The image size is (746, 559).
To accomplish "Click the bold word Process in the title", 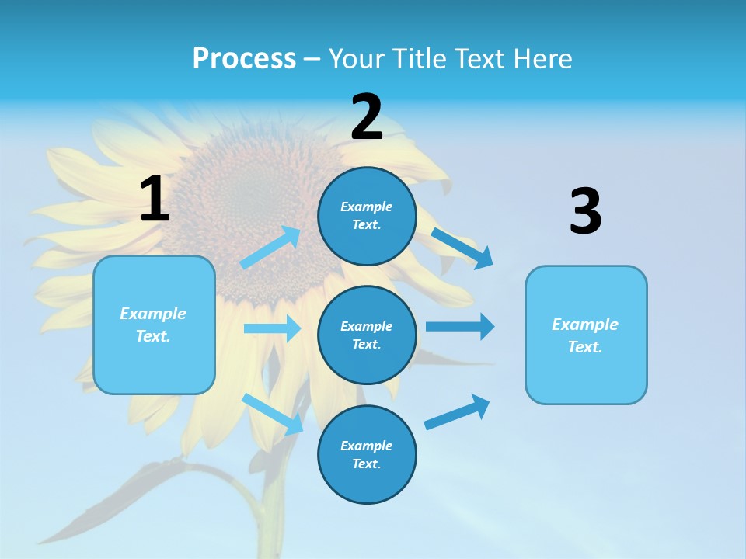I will (244, 59).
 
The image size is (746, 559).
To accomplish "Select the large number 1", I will (155, 200).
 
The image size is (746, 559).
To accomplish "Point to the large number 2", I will (367, 118).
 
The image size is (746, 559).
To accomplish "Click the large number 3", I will (585, 212).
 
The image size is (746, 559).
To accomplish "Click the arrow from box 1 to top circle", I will (270, 248).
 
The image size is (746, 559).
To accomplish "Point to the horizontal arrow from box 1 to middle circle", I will (272, 328).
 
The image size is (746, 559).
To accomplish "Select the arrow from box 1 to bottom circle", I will (273, 414).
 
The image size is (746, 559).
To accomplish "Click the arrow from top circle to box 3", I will (462, 248).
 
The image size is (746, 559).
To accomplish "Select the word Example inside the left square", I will (153, 314).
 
